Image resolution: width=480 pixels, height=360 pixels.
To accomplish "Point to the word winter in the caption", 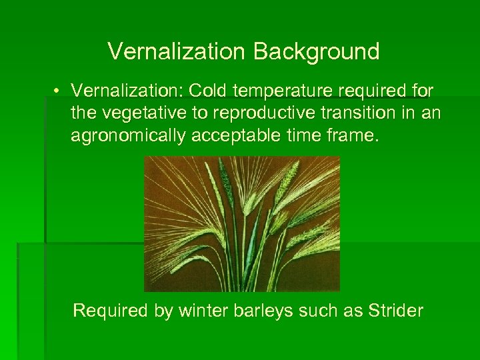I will pyautogui.click(x=201, y=311).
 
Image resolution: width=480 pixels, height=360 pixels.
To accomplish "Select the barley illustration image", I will pyautogui.click(x=242, y=223).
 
